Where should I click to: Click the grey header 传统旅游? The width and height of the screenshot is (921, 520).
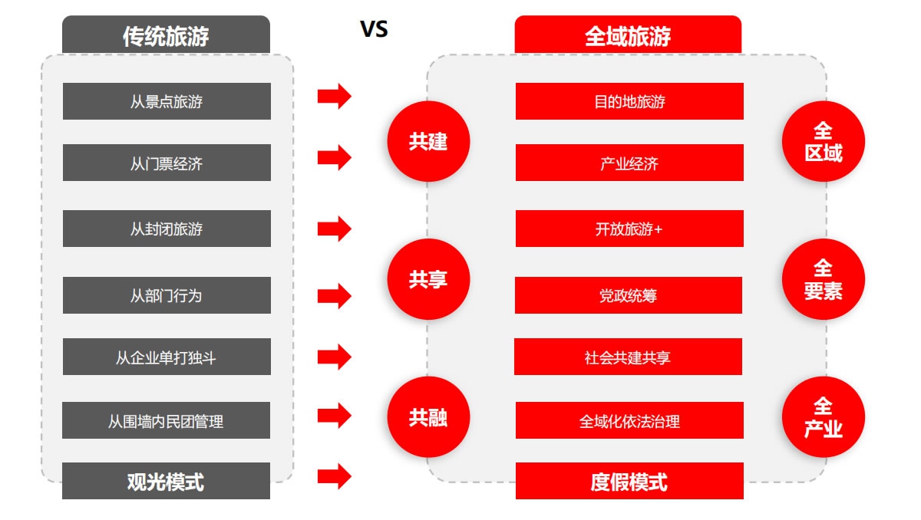coord(166,35)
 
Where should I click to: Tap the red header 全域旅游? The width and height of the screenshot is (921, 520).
coord(628,35)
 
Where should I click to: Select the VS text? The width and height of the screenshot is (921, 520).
coord(374,29)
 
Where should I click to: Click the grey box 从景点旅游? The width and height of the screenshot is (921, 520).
coord(167,101)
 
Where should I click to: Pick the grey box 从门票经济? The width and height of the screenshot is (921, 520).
coord(167,163)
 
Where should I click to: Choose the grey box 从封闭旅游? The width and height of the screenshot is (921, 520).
coord(167,229)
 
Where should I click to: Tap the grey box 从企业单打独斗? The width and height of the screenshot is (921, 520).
coord(167,357)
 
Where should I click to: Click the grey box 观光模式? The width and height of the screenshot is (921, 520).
coord(166,481)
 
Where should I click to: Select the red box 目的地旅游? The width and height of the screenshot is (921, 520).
coord(629,101)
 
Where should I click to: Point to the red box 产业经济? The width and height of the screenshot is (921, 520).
coord(629,163)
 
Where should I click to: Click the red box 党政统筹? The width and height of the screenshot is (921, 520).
coord(629,295)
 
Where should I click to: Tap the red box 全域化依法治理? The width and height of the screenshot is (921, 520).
coord(629,420)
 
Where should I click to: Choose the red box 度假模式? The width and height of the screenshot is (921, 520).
coord(629,481)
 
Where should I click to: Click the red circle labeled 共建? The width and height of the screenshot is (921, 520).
coord(428,141)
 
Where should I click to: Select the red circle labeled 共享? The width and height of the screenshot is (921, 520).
coord(428,279)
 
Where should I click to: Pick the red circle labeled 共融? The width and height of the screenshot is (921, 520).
coord(428,417)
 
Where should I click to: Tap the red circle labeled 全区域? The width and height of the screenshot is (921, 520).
coord(823,141)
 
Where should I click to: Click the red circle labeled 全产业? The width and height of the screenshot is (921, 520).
coord(823,417)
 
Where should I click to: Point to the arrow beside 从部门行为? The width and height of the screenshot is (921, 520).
coord(334,295)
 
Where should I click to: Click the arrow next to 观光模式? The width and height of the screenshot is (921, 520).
coord(334,476)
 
